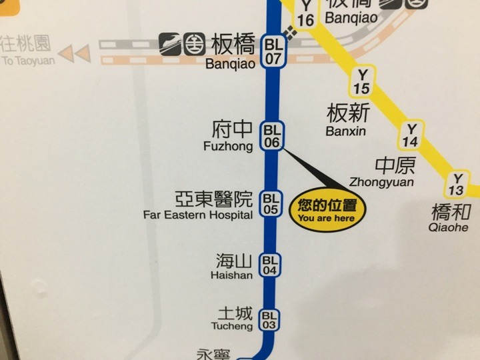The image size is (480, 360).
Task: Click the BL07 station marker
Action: point(273,51)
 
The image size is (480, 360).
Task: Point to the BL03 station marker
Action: point(269,320)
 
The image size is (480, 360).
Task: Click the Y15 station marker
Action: point(363,81)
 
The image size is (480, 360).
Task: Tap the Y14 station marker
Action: point(411,135)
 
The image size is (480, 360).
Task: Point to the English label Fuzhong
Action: point(228,145)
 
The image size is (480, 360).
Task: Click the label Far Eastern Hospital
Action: point(198,215)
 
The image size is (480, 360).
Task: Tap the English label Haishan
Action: point(231,275)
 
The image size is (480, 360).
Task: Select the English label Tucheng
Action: point(231,327)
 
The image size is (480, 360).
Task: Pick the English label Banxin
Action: point(346,131)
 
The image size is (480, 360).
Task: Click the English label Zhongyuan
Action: point(381,182)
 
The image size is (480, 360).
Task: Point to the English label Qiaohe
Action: point(449,227)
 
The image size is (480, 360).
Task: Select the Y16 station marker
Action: point(305,13)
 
